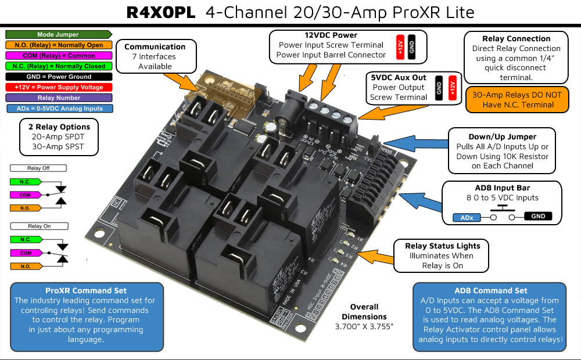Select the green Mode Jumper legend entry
(x=58, y=35)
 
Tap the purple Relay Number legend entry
(x=58, y=98)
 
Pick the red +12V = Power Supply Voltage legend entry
(x=58, y=87)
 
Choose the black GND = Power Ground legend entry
(x=58, y=77)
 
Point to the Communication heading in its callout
(x=155, y=46)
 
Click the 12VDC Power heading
(x=331, y=35)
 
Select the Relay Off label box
(x=38, y=168)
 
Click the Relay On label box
(x=38, y=226)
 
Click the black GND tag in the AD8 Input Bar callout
(x=537, y=217)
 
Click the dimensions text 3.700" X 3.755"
(x=364, y=327)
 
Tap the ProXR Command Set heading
(x=85, y=290)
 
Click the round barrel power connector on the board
(x=284, y=122)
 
